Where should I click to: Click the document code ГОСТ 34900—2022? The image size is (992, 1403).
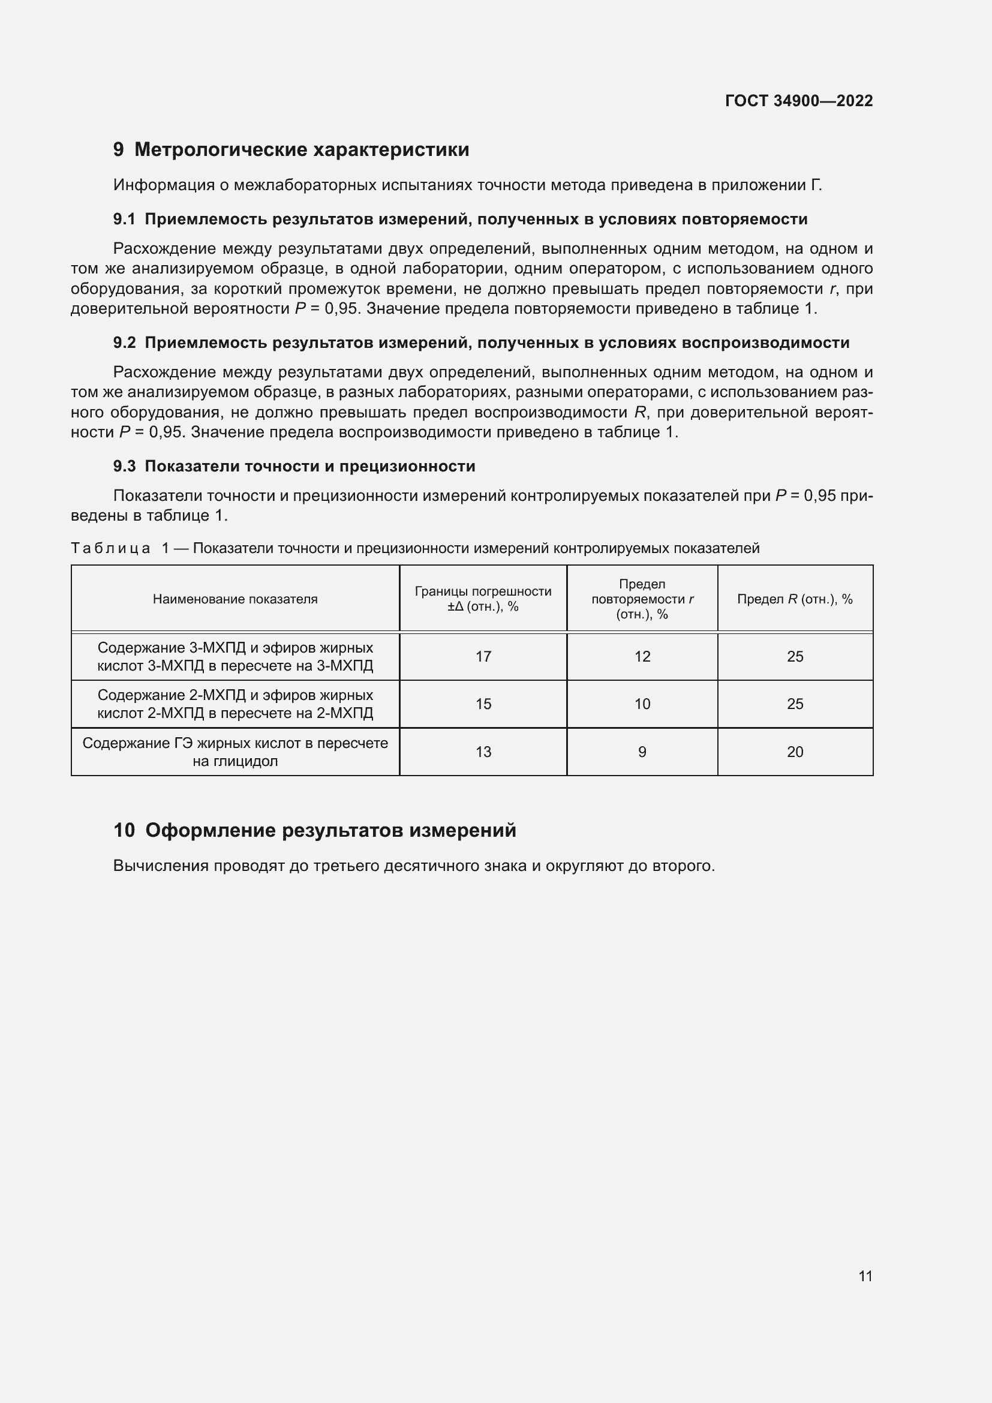tap(798, 101)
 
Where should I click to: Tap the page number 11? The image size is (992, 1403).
tap(865, 1276)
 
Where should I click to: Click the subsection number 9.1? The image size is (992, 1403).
tap(124, 220)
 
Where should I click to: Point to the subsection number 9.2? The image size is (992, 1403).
tap(124, 343)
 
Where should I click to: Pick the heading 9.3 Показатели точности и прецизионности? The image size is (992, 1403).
tap(294, 466)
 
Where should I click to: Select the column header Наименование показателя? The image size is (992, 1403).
tap(235, 599)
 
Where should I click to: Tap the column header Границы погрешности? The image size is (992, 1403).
tap(483, 591)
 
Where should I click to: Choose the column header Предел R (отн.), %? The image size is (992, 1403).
tap(794, 599)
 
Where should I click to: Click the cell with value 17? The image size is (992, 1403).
tap(483, 657)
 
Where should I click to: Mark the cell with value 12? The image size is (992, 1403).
tap(642, 657)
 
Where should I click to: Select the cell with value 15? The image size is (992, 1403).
tap(483, 704)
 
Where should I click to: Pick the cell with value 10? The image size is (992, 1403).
tap(642, 704)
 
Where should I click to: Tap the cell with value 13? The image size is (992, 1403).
tap(483, 752)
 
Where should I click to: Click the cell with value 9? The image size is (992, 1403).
tap(642, 752)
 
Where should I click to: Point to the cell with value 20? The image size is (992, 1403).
tap(794, 752)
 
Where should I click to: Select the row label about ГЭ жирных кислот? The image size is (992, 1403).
tap(235, 752)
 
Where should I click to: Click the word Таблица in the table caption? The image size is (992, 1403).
tap(110, 548)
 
